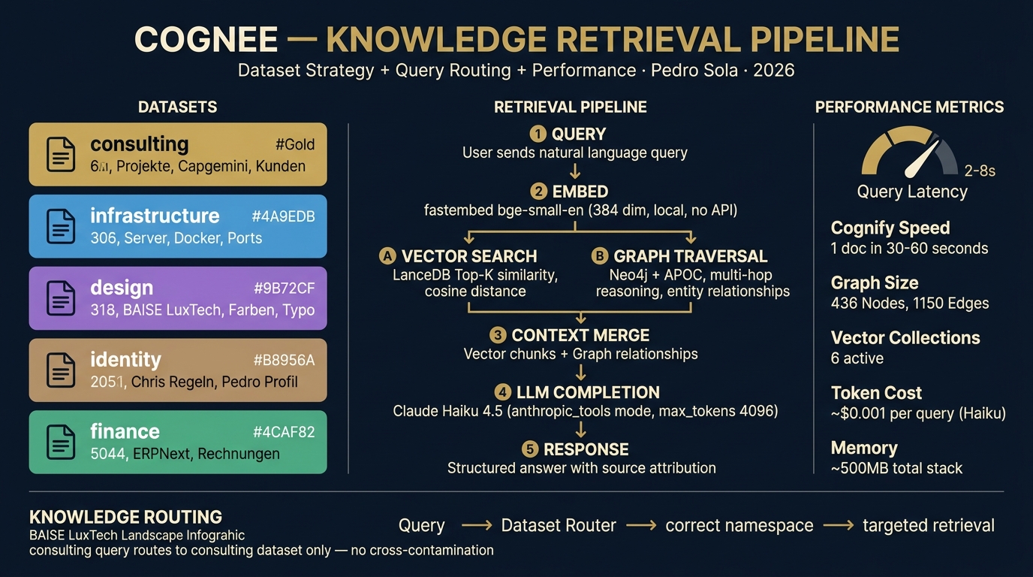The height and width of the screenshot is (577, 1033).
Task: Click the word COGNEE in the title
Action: point(206,40)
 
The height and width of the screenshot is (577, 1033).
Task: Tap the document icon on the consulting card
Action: point(61,154)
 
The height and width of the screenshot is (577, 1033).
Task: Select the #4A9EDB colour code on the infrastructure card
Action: point(283,216)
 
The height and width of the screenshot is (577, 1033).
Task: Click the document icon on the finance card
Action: point(61,442)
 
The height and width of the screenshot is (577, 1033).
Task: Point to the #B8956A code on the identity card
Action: point(284,360)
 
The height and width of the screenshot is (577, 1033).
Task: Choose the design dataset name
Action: point(122,288)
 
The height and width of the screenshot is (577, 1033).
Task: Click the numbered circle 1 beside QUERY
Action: point(538,134)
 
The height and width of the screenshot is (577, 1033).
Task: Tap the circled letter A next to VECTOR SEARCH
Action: point(387,256)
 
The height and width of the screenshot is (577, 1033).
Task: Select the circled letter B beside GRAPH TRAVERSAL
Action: point(599,256)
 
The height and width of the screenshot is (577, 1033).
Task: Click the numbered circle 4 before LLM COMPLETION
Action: point(502,392)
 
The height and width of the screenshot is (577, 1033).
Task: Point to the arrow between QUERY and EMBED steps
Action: point(575,171)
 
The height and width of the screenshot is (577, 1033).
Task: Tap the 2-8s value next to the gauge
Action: point(980,171)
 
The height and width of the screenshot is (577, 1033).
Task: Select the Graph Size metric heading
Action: point(875,283)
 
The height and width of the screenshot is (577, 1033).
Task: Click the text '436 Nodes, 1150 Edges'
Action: point(910,304)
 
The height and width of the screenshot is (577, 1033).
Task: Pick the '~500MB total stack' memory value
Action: point(896,468)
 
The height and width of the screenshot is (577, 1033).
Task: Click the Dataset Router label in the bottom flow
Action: point(559,526)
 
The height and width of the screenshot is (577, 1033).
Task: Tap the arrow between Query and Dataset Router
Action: point(476,526)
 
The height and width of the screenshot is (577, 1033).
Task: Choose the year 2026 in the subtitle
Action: point(773,71)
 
